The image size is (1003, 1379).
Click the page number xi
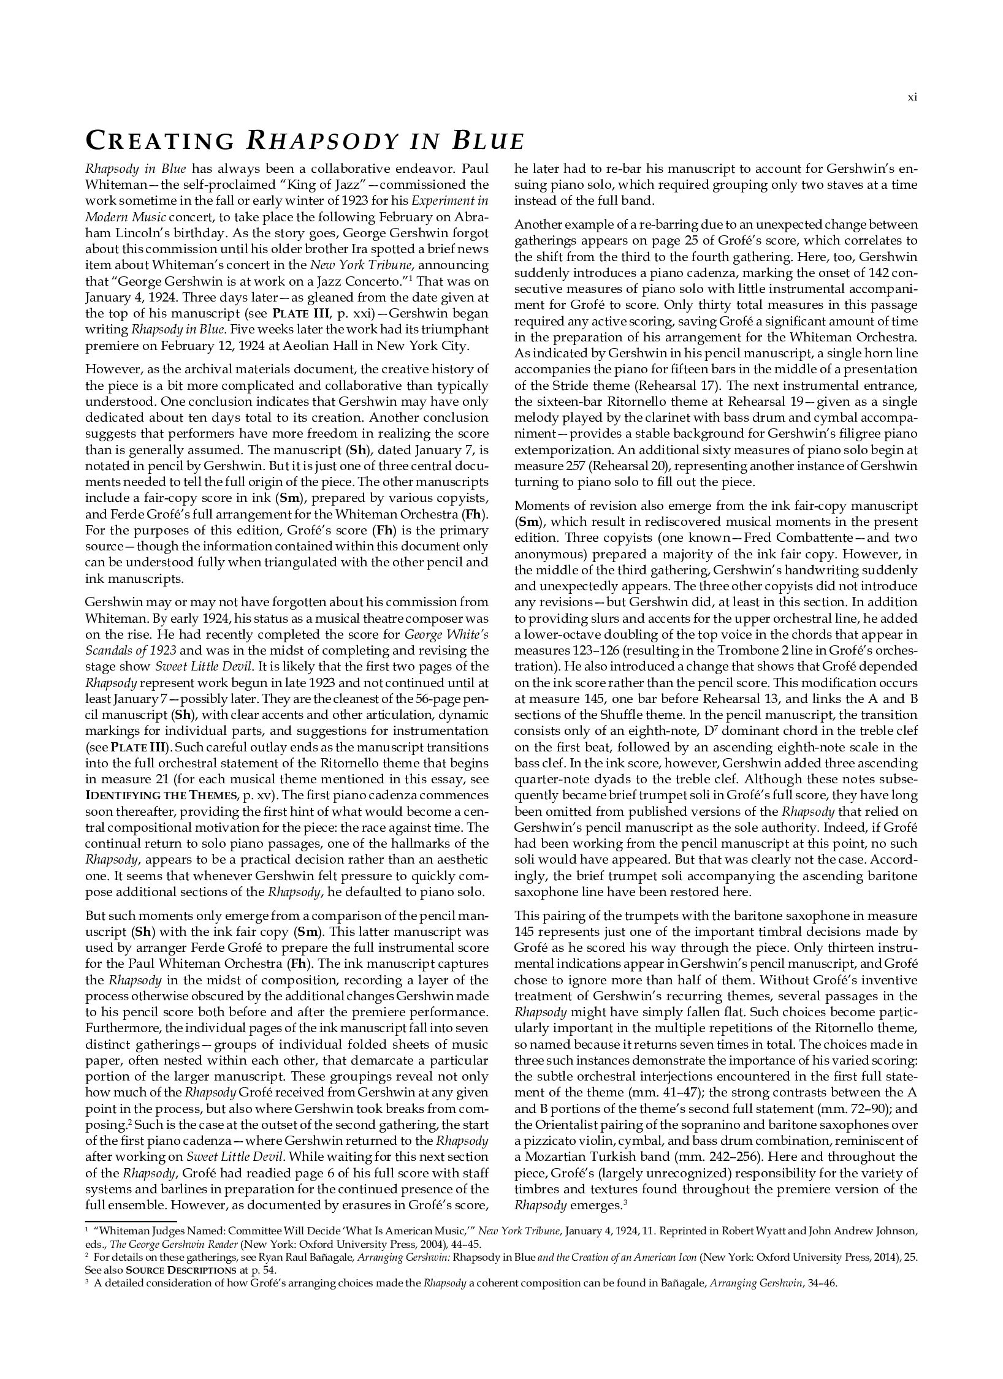tap(912, 97)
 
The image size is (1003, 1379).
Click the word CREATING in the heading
tap(159, 141)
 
